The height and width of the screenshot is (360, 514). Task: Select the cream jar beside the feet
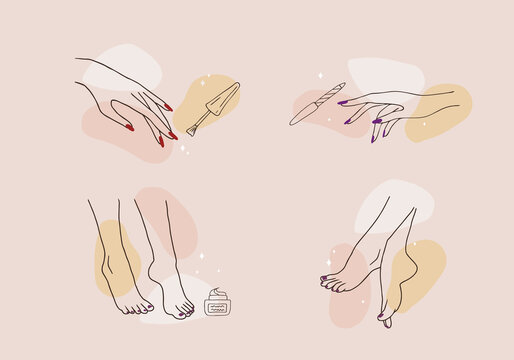tap(216, 303)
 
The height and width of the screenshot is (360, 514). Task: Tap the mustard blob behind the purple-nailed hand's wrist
tap(440, 110)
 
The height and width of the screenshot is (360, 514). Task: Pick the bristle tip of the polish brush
tap(194, 128)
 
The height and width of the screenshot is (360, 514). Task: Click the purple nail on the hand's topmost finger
tap(342, 102)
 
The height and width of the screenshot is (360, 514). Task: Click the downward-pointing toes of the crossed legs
tap(386, 317)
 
